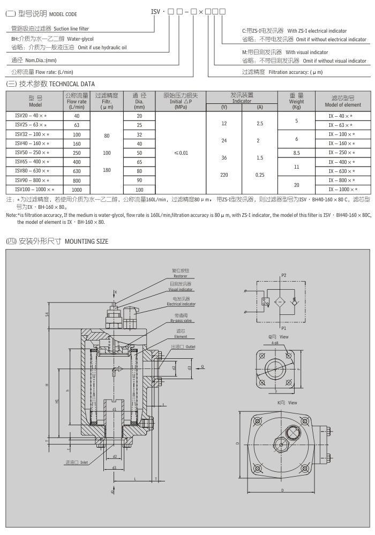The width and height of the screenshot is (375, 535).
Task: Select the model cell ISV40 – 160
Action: pos(28,144)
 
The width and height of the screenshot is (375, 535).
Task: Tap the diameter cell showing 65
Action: pos(139,162)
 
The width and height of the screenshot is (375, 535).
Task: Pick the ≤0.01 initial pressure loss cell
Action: pos(181,153)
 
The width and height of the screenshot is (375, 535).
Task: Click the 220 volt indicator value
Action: pos(224,175)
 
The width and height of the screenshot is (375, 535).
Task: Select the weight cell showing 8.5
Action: pos(296,153)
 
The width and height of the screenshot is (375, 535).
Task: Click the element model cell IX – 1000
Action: pos(343,189)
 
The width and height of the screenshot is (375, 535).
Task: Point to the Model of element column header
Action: pos(343,101)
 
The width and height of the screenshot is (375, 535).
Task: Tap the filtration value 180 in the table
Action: pos(107,170)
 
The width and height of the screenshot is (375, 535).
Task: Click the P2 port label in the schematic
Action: pos(284,274)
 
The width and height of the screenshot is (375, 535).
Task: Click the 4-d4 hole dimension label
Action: pos(274,343)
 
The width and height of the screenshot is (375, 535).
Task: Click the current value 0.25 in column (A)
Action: pos(260,175)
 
